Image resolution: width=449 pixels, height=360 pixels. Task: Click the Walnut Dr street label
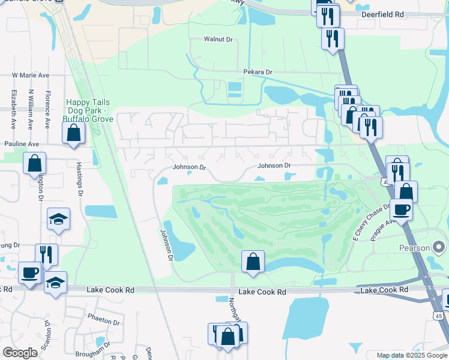coord(218,39)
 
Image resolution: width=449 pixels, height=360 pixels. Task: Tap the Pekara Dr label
coord(258,72)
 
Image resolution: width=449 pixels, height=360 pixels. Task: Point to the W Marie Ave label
coord(30,76)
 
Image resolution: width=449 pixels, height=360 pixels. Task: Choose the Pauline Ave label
coord(21,144)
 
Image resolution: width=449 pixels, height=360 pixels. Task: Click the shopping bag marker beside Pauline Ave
coord(35,163)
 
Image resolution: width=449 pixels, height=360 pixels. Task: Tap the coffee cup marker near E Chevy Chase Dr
coord(401,209)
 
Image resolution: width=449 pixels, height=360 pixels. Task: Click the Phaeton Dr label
coord(104,322)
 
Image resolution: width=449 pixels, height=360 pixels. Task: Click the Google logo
coord(20,353)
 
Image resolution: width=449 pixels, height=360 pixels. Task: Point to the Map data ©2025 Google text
coord(412,355)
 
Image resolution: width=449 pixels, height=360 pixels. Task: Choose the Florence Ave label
coord(47,110)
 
